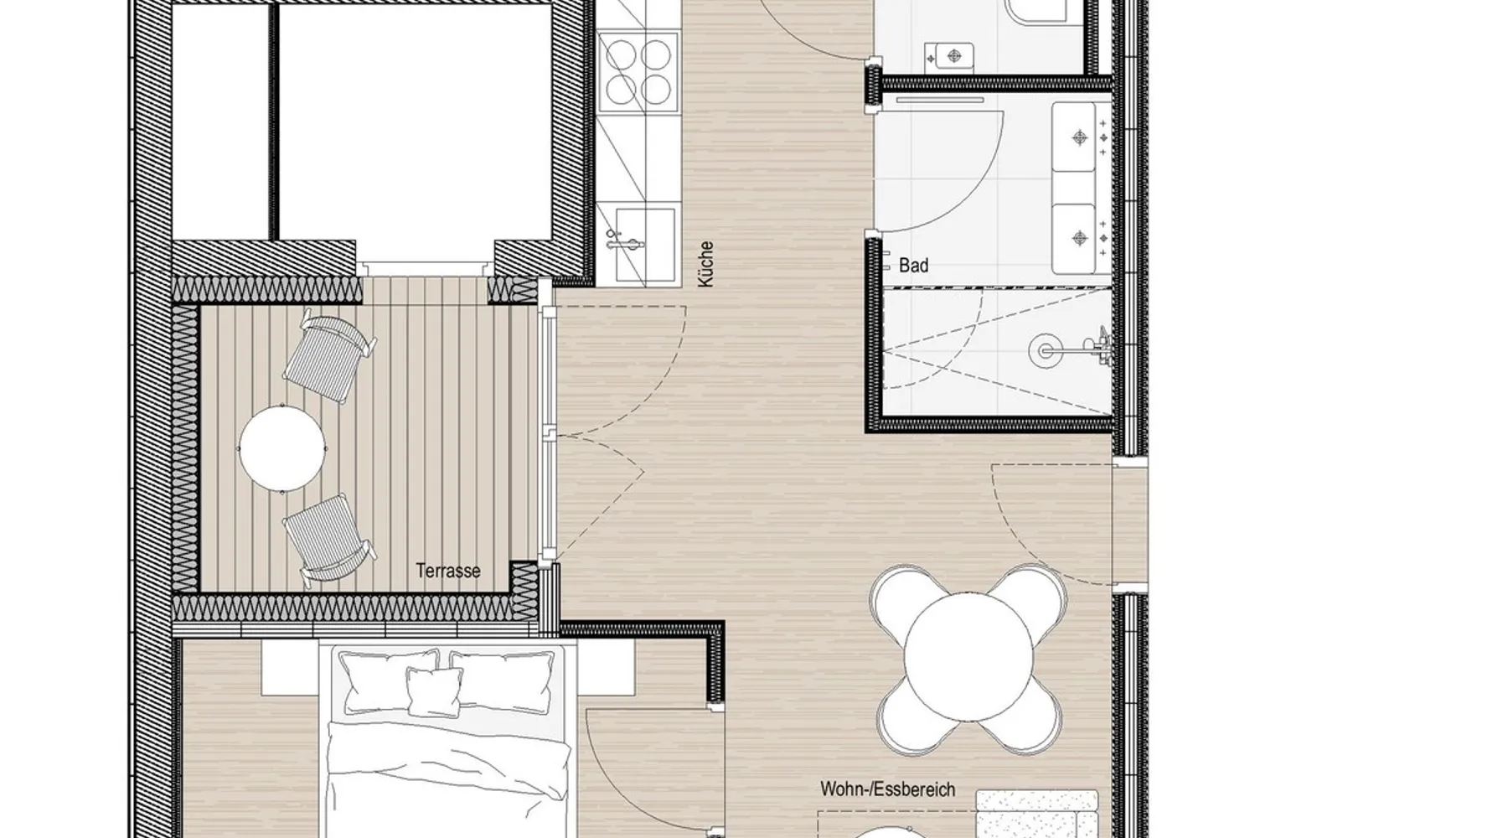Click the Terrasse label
(x=448, y=572)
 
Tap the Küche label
(x=705, y=265)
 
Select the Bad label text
(x=913, y=266)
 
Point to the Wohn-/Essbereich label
(x=887, y=789)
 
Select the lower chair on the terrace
(x=328, y=541)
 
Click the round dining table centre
(x=968, y=657)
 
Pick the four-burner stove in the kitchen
(x=639, y=72)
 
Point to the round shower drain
(x=1046, y=349)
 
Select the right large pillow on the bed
(x=503, y=681)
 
